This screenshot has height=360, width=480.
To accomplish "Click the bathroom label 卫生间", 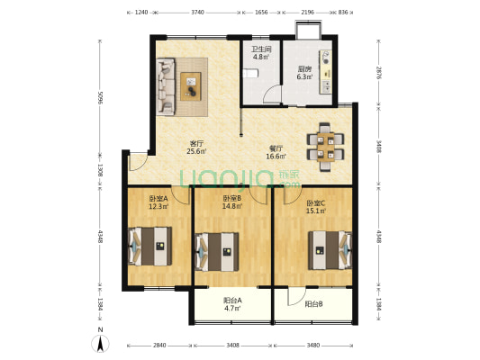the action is coord(261,49).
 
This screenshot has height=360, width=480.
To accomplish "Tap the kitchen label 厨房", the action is coord(304,69).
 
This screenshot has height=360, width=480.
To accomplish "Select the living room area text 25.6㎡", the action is coord(196,151).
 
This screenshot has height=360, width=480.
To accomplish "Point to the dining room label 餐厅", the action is coord(276,148).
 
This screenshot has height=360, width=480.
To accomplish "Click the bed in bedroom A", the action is coord(150,247).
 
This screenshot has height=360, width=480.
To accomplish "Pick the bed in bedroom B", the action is coord(217,252).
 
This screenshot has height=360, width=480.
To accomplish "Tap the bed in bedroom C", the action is coord(330,250).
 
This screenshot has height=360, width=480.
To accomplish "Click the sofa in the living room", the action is coord(166,87).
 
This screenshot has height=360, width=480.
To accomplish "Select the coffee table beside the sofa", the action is coord(191,86).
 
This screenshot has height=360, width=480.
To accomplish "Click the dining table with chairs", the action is coord(325,147).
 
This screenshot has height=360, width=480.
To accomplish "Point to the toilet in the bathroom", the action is coord(250,74).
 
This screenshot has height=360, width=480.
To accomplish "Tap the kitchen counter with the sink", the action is coord(325,72).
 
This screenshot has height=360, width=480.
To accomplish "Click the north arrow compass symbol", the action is coord(100,343).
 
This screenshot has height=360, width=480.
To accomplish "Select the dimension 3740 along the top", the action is coord(198,13).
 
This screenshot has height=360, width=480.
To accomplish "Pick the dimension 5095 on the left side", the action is coord(100,97).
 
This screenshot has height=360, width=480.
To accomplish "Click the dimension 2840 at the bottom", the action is coord(159,346).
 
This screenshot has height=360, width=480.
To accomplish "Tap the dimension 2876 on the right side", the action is coord(379,73).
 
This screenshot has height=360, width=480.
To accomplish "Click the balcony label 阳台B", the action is coord(313,304).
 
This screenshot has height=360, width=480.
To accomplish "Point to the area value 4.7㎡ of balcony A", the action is coord(232,309).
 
